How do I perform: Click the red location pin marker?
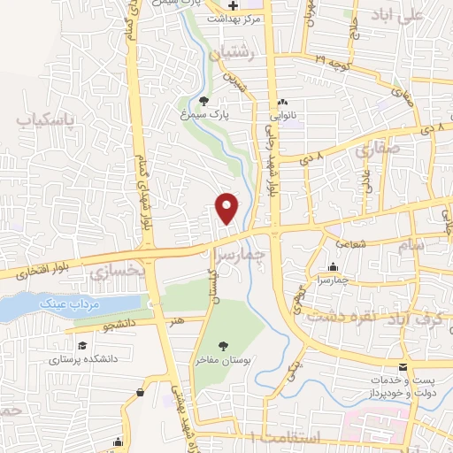227,207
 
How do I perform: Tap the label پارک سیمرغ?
218,115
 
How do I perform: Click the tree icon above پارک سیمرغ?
205,101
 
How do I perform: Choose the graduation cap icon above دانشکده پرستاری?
82,345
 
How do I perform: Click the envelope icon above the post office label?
403,367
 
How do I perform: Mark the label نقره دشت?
375,315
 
